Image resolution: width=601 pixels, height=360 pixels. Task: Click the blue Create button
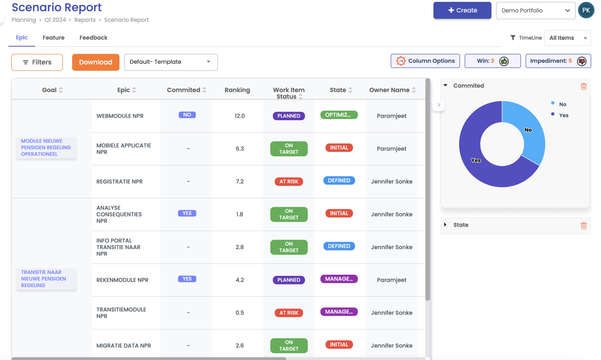click(x=462, y=11)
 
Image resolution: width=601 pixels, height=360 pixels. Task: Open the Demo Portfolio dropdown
click(x=535, y=11)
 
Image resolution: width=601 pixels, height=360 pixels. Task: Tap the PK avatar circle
click(x=586, y=10)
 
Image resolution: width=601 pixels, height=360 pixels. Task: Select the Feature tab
click(x=53, y=38)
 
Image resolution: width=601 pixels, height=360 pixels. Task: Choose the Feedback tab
click(x=93, y=38)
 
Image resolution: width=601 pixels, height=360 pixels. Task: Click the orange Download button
click(x=95, y=62)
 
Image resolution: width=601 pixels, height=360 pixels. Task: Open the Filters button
click(x=37, y=62)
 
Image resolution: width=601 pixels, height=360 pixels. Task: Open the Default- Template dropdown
click(x=171, y=62)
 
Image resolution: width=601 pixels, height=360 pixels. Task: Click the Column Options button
click(x=425, y=61)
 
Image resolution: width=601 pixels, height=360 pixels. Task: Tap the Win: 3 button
click(x=492, y=61)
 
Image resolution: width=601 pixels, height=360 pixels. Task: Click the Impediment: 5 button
click(x=558, y=61)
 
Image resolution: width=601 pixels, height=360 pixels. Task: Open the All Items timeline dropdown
click(x=567, y=38)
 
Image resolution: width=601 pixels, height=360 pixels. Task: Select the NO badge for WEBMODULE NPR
click(x=187, y=115)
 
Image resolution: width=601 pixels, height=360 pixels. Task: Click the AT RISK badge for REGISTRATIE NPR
click(x=288, y=182)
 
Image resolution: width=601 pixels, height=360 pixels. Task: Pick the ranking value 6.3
click(x=240, y=149)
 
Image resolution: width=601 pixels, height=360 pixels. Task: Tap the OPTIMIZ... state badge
click(x=339, y=115)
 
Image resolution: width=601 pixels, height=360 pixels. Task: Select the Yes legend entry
click(x=563, y=115)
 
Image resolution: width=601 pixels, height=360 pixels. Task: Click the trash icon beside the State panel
click(x=583, y=225)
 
